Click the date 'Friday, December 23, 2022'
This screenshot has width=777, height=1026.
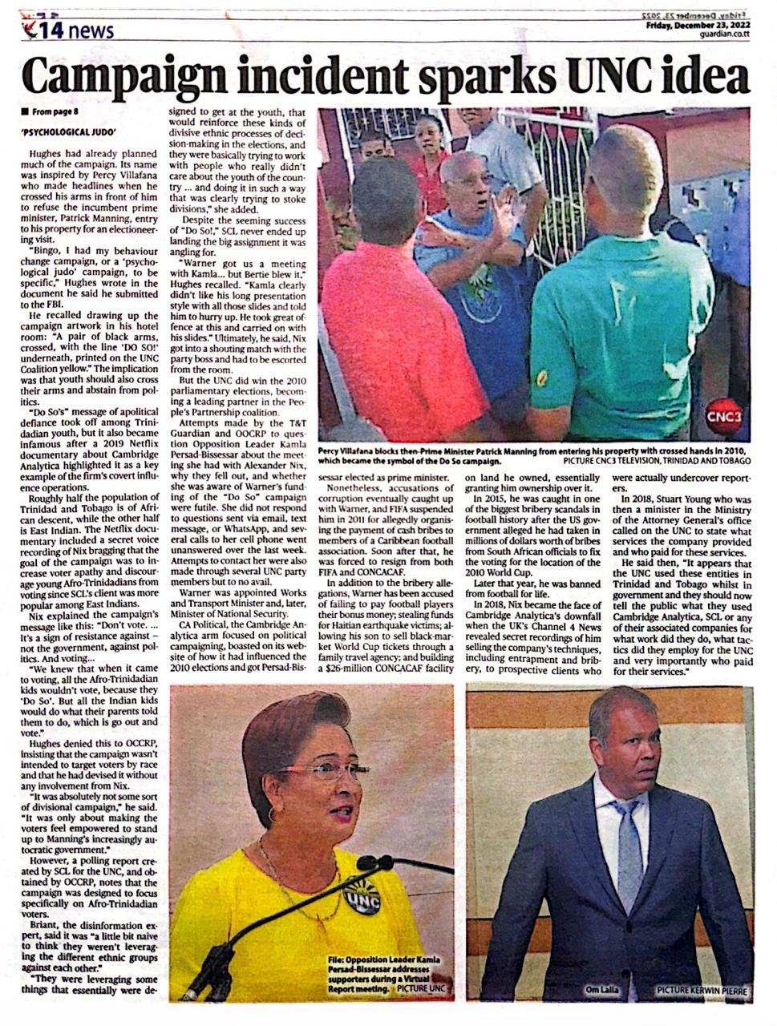pos(697,25)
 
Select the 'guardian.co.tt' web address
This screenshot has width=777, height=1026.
pos(725,34)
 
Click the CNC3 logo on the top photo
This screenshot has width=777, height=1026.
pos(724,417)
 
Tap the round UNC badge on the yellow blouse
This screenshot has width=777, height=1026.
pos(361,896)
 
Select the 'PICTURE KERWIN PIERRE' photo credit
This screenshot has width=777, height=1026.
pos(701,991)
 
